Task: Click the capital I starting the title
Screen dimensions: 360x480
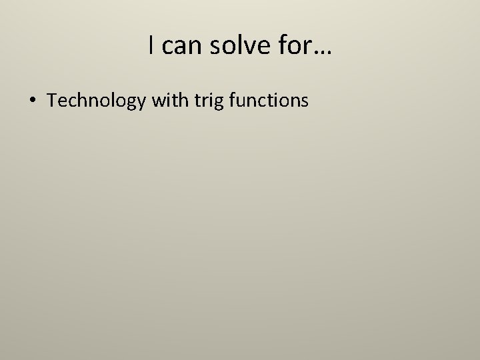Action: click(x=152, y=45)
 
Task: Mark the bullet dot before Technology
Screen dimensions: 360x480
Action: click(x=33, y=101)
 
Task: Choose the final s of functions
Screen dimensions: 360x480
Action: click(x=304, y=101)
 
